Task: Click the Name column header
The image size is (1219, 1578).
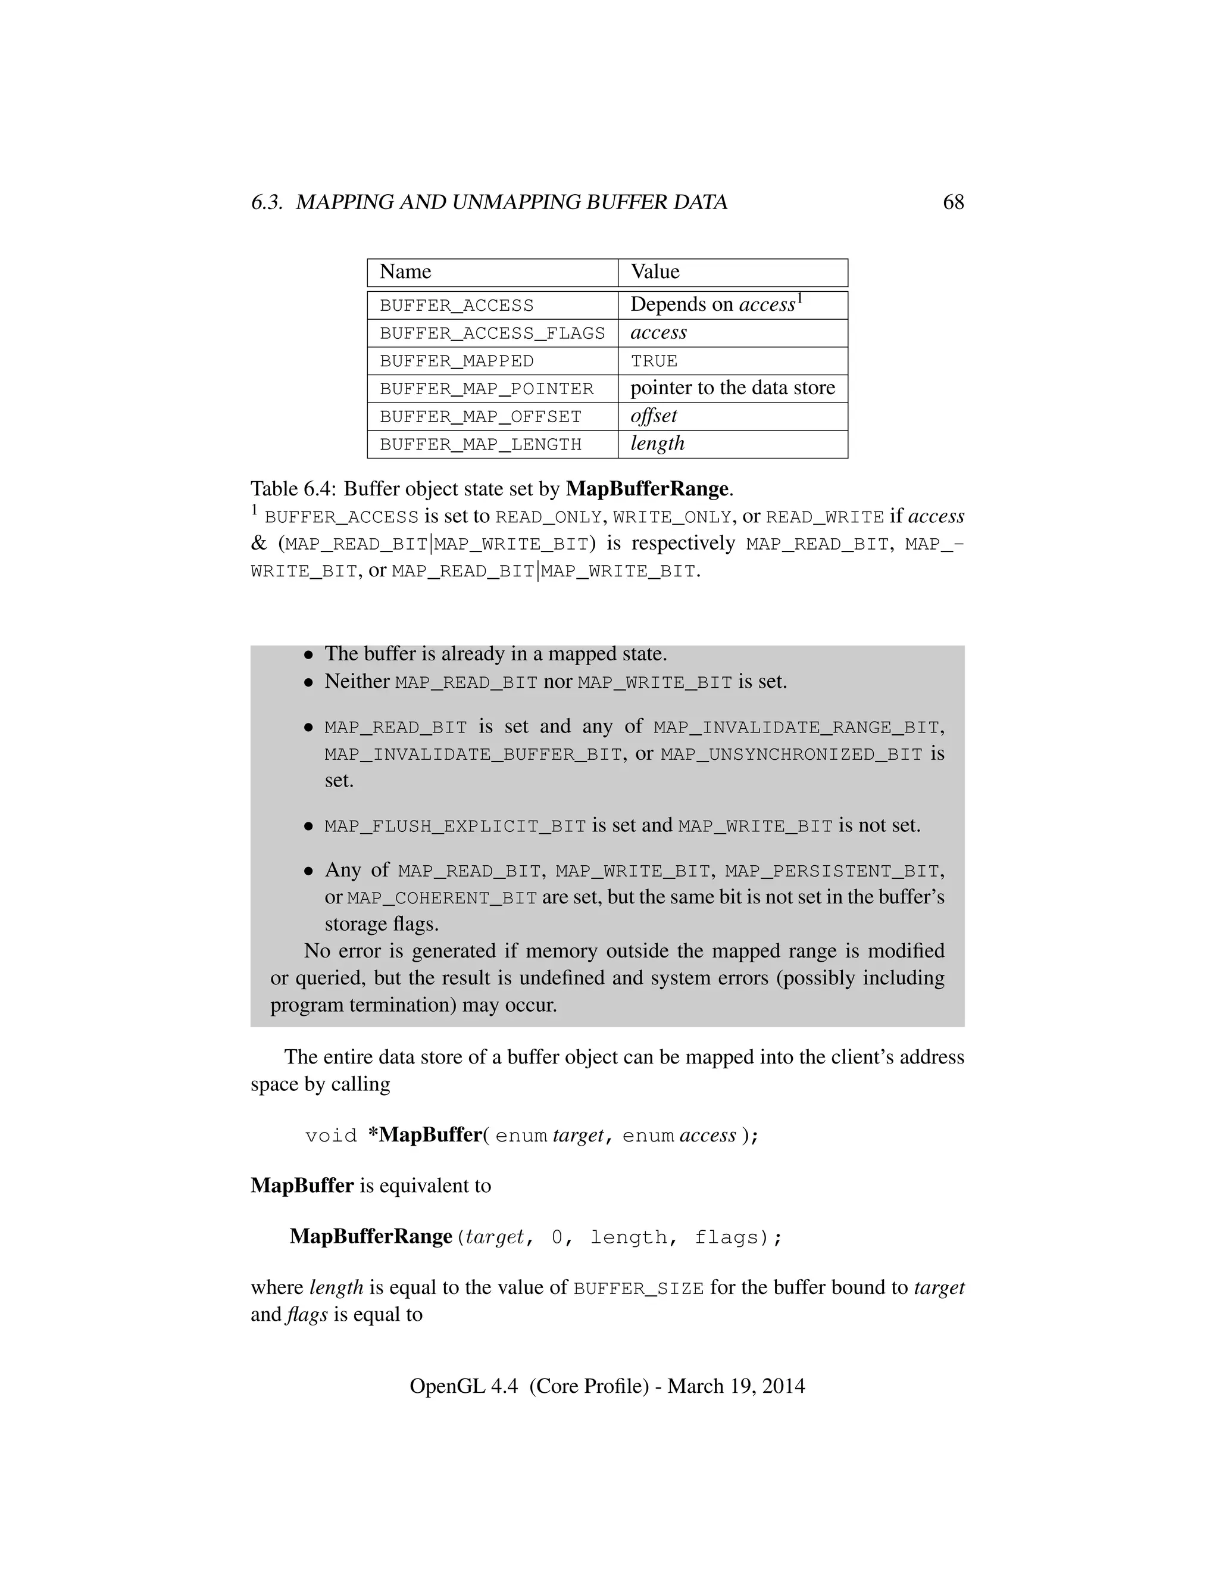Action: tap(405, 272)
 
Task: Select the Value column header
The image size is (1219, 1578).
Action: tap(654, 272)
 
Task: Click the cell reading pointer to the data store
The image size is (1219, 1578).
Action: tap(732, 388)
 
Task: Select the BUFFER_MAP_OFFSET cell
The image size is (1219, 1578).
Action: tap(480, 417)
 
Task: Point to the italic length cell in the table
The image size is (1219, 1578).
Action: tap(657, 444)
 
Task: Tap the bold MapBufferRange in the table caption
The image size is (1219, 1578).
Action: tap(646, 489)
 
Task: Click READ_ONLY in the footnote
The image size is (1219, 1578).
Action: tap(548, 517)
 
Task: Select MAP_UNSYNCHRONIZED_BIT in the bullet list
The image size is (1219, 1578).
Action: tap(792, 755)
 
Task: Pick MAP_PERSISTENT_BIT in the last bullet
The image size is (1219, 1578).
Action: tap(833, 871)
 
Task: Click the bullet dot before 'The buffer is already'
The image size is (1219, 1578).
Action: tap(308, 654)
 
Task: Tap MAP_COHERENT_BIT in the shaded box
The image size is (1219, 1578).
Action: tap(442, 899)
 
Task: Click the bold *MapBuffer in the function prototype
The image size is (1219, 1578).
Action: tap(424, 1135)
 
